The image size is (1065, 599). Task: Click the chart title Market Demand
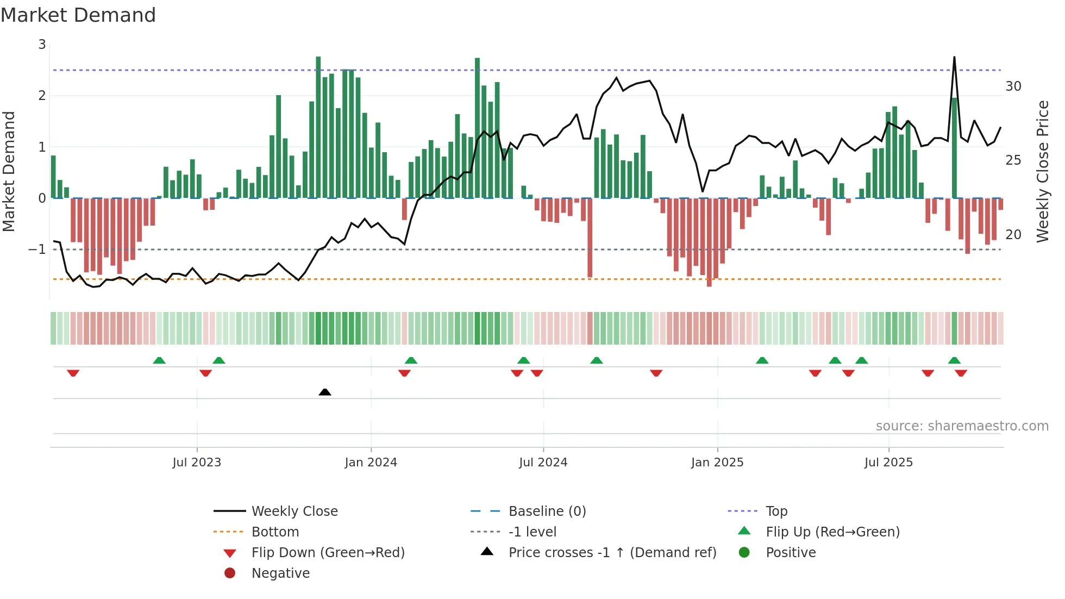pos(78,15)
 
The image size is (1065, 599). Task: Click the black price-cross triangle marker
pos(325,392)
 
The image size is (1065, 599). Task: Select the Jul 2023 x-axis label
pos(197,463)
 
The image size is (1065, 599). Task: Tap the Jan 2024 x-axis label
pos(371,463)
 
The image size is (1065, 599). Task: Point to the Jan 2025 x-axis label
pos(717,463)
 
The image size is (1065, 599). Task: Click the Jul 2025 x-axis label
pos(889,463)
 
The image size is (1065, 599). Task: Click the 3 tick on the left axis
pos(42,45)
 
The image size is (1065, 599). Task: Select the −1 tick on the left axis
pos(37,249)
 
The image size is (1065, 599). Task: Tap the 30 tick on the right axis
pos(1013,86)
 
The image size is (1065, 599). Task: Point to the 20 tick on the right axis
pos(1013,235)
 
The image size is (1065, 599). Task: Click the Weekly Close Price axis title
pos(1043,171)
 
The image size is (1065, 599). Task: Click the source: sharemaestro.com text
pos(962,426)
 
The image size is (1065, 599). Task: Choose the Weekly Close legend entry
pos(295,511)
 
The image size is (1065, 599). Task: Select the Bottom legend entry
pos(275,532)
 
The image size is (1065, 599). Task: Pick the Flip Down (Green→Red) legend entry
pos(328,553)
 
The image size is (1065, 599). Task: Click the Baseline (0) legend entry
pos(547,511)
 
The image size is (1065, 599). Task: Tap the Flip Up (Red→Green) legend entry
pos(832,532)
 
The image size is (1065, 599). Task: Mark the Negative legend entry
pos(280,573)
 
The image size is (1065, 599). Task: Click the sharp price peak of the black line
pos(954,57)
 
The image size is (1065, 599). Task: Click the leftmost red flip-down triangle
pos(73,373)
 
